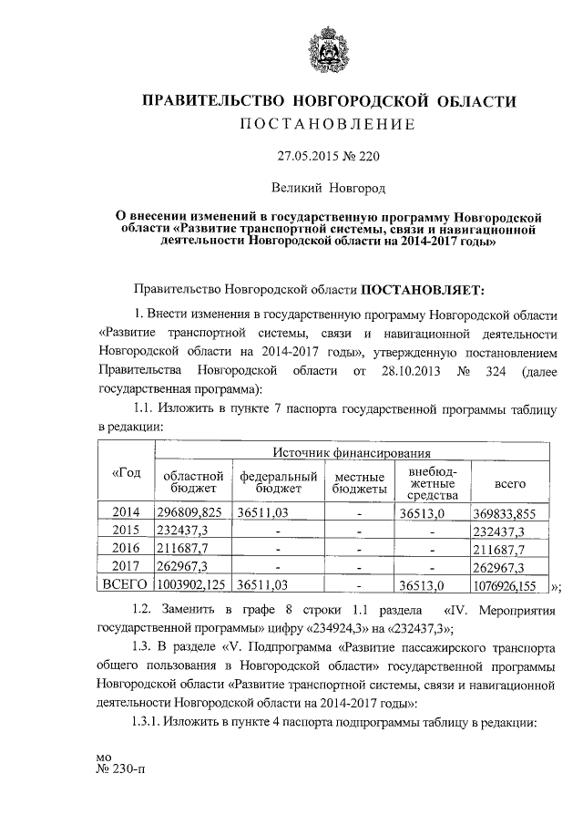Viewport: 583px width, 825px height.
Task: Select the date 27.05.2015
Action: pyautogui.click(x=311, y=156)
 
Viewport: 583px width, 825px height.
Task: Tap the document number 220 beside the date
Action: pyautogui.click(x=367, y=156)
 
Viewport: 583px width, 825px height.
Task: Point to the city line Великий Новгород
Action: pyautogui.click(x=327, y=188)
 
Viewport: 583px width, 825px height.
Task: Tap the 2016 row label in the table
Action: pyautogui.click(x=125, y=549)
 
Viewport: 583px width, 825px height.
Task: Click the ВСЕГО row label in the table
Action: pyautogui.click(x=125, y=584)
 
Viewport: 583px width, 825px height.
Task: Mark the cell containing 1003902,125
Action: pyautogui.click(x=191, y=584)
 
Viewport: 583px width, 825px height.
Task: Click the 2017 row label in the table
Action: pyautogui.click(x=125, y=566)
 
